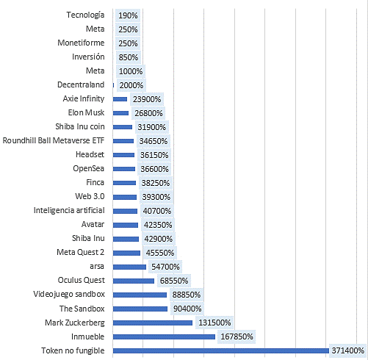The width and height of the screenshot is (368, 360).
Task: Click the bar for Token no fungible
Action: coord(221,350)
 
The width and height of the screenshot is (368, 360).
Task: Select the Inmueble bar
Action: coord(164,336)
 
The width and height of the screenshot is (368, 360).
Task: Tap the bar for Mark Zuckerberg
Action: coord(153,323)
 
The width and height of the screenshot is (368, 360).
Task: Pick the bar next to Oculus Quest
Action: coord(134,281)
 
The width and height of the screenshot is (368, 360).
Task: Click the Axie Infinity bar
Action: coord(120,99)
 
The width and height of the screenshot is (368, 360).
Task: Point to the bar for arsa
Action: coord(129,267)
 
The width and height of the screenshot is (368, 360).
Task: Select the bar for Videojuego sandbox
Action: coord(140,295)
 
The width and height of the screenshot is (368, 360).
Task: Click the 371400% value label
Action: coord(347,350)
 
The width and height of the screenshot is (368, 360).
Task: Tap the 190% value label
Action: coord(128,15)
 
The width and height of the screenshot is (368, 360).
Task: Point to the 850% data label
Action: coord(129,57)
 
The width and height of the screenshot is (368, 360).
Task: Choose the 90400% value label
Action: coord(187,309)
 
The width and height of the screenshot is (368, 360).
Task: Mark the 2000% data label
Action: coord(131,85)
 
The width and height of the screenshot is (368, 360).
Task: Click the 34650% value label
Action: coord(154,141)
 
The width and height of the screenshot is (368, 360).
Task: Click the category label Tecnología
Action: coord(85,15)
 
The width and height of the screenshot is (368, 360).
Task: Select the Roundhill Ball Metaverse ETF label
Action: coord(54,140)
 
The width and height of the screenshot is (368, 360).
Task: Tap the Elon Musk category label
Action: coord(86,112)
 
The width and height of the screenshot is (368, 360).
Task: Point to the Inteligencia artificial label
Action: coord(69,210)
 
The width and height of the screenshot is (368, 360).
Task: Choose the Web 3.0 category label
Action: coord(90,196)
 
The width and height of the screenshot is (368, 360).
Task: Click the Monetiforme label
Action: coord(81,43)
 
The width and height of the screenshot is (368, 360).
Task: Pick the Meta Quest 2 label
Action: coord(81,252)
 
